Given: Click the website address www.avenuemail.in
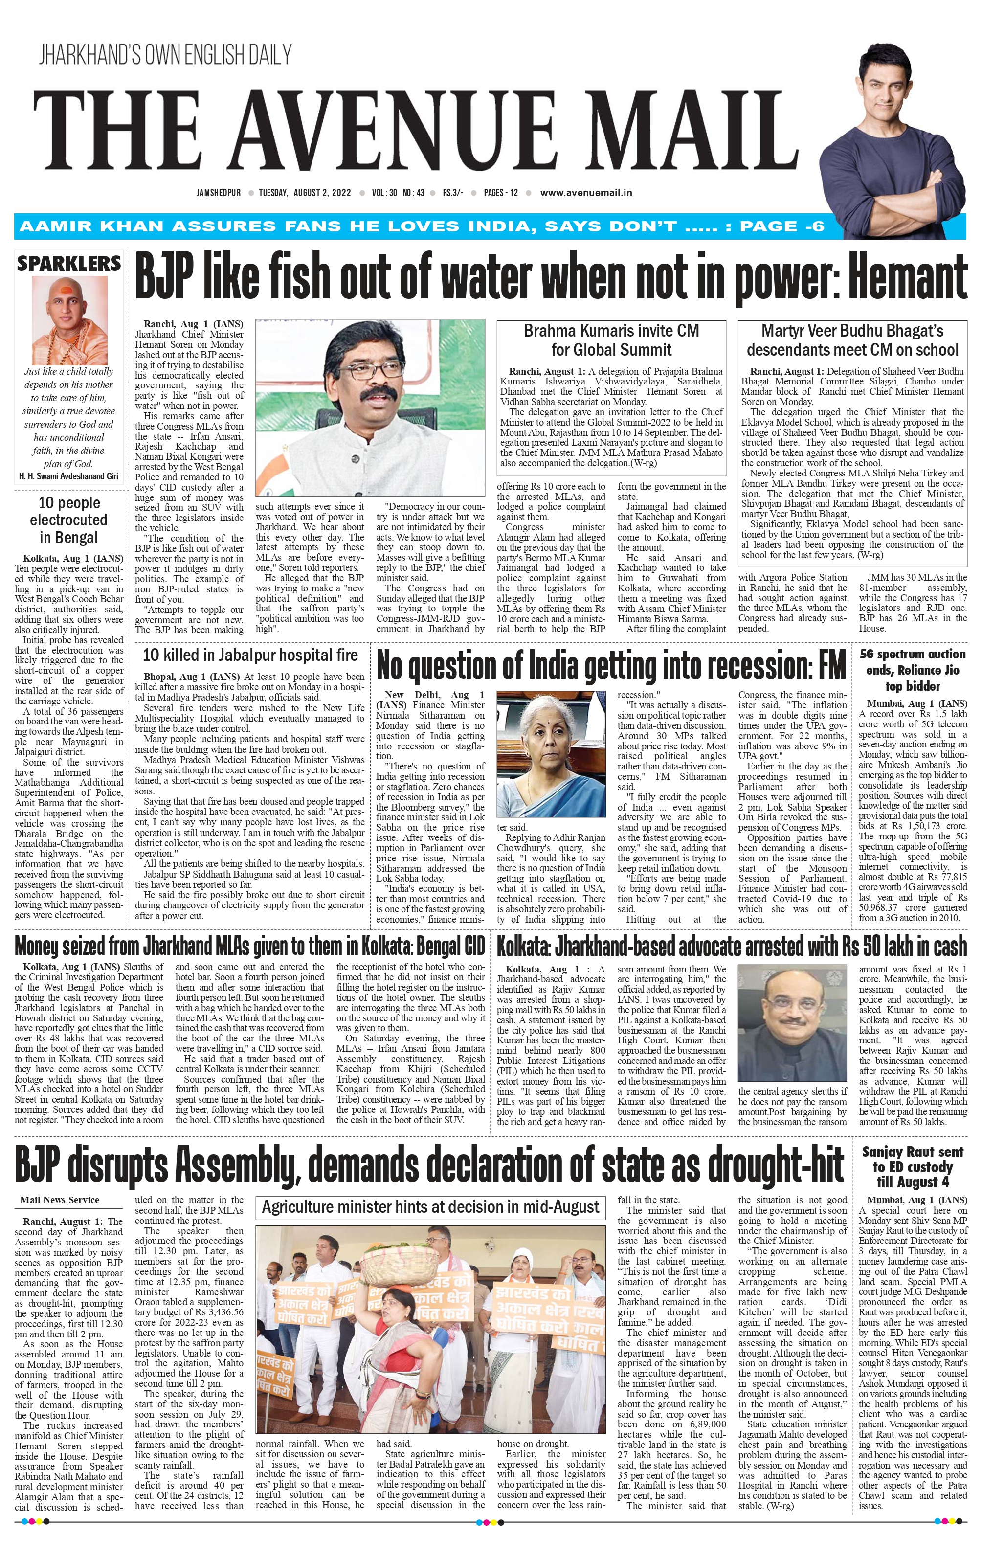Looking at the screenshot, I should coord(585,192).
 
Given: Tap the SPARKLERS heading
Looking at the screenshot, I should coord(68,264).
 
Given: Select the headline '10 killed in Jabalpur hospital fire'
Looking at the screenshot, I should coord(250,655).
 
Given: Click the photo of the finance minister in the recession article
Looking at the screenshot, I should coord(555,756).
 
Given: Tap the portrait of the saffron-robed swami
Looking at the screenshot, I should coord(68,320).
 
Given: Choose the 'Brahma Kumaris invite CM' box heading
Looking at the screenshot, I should coord(611,340).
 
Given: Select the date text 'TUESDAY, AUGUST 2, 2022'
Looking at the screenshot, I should coord(305,192).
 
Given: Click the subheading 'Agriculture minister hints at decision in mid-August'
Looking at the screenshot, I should coord(430,1207).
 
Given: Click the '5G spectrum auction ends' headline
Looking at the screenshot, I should coord(912,670).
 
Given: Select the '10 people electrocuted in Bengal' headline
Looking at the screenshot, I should coord(68,520).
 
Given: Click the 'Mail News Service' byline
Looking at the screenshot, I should coord(60,1200).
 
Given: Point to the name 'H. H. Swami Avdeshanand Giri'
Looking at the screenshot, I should coord(68,476).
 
